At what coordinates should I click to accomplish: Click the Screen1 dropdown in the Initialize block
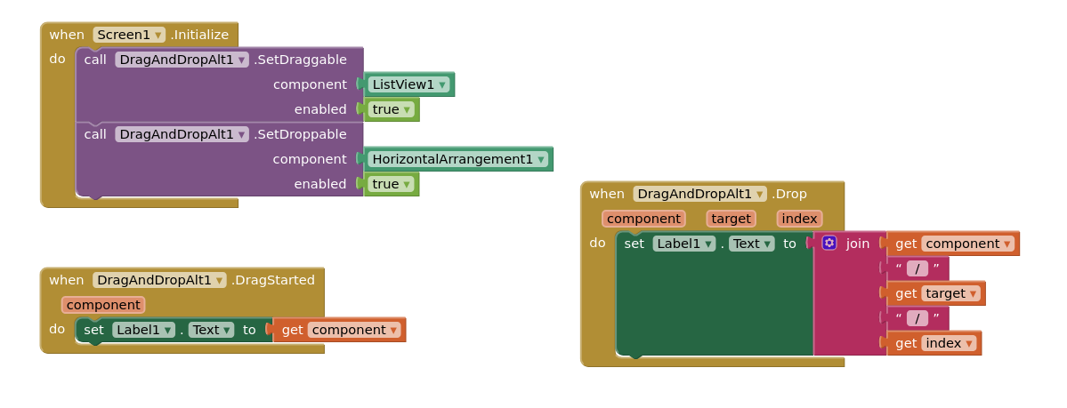click(x=129, y=35)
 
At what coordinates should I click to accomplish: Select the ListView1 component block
click(x=408, y=84)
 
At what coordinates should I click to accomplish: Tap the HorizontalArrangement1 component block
click(x=458, y=159)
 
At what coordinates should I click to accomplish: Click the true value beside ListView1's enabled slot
click(x=392, y=109)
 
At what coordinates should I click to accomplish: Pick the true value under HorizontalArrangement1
click(x=392, y=184)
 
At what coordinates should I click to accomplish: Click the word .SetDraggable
click(x=300, y=60)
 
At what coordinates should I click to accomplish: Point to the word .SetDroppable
click(x=300, y=134)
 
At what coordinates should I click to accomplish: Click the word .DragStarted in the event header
click(x=273, y=280)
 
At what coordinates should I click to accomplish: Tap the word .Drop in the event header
click(x=789, y=194)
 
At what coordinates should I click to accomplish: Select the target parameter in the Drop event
click(x=731, y=219)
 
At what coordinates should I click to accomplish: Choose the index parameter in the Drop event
click(x=799, y=219)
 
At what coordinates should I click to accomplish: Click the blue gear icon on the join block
click(x=829, y=243)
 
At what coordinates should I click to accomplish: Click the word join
click(x=858, y=244)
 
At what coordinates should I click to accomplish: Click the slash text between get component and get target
click(x=917, y=268)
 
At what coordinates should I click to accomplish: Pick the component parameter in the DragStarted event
click(x=103, y=305)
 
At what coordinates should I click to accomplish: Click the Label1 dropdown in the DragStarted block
click(x=143, y=330)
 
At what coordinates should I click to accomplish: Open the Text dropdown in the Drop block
click(x=751, y=244)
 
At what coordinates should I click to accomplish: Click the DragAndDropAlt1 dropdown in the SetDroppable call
click(x=182, y=134)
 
